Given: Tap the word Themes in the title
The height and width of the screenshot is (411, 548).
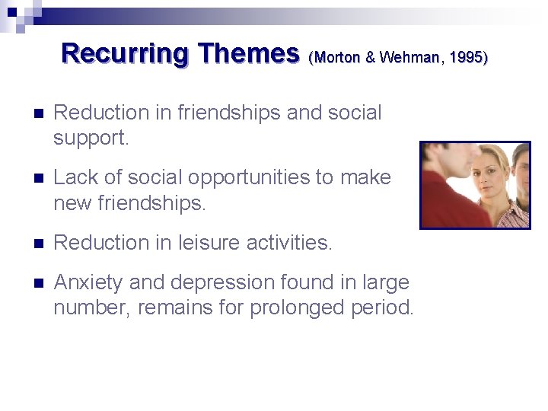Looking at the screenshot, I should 248,53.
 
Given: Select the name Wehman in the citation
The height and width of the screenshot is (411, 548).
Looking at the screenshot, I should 409,58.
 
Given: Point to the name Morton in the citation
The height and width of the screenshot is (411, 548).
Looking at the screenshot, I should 336,58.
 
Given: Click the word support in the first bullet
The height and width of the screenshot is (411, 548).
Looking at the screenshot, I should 88,139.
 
